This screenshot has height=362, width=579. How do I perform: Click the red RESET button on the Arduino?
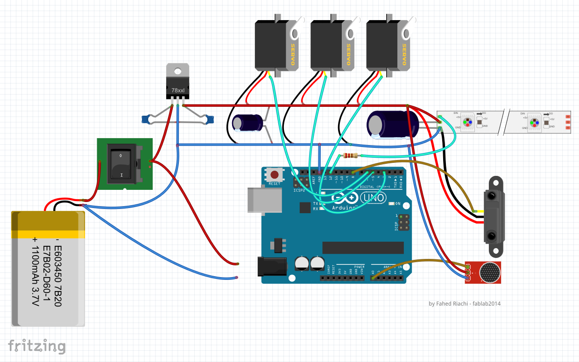click(x=275, y=175)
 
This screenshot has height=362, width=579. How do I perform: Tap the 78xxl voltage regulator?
click(x=177, y=84)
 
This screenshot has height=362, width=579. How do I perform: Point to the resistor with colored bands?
click(x=350, y=156)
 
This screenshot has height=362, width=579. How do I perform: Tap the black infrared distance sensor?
click(x=494, y=217)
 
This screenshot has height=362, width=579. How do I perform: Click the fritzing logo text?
click(x=36, y=346)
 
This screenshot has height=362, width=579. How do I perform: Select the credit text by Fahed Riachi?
click(x=464, y=304)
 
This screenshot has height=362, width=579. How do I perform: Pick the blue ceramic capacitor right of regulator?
click(x=208, y=119)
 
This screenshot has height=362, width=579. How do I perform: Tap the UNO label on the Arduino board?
click(x=374, y=198)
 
